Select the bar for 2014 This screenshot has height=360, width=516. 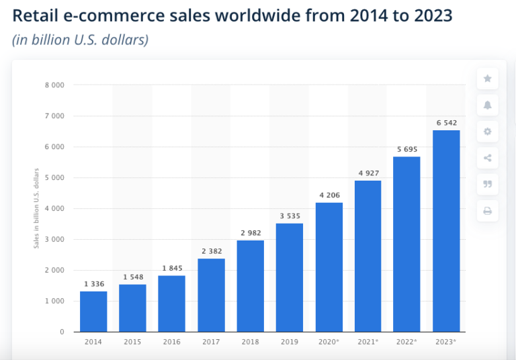pyautogui.click(x=93, y=311)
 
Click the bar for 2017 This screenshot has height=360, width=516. pyautogui.click(x=211, y=295)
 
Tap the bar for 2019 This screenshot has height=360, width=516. pyautogui.click(x=290, y=277)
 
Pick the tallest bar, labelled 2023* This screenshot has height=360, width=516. pyautogui.click(x=446, y=231)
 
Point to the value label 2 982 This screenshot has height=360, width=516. pyautogui.click(x=250, y=233)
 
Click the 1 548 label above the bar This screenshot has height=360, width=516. pyautogui.click(x=132, y=277)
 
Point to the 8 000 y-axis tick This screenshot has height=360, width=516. pyautogui.click(x=55, y=85)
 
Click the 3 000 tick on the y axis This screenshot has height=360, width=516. pyautogui.click(x=55, y=239)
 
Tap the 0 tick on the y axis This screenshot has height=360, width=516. pyautogui.click(x=62, y=332)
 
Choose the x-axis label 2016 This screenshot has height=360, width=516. pyautogui.click(x=171, y=342)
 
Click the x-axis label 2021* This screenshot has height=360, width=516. pyautogui.click(x=368, y=342)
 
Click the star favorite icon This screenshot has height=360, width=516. pyautogui.click(x=487, y=79)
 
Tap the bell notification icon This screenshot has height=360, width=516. pyautogui.click(x=487, y=105)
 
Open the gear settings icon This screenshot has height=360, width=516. pyautogui.click(x=487, y=132)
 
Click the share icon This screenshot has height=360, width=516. pyautogui.click(x=487, y=158)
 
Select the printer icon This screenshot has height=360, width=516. pyautogui.click(x=487, y=211)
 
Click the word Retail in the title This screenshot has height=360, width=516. pyautogui.click(x=34, y=15)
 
